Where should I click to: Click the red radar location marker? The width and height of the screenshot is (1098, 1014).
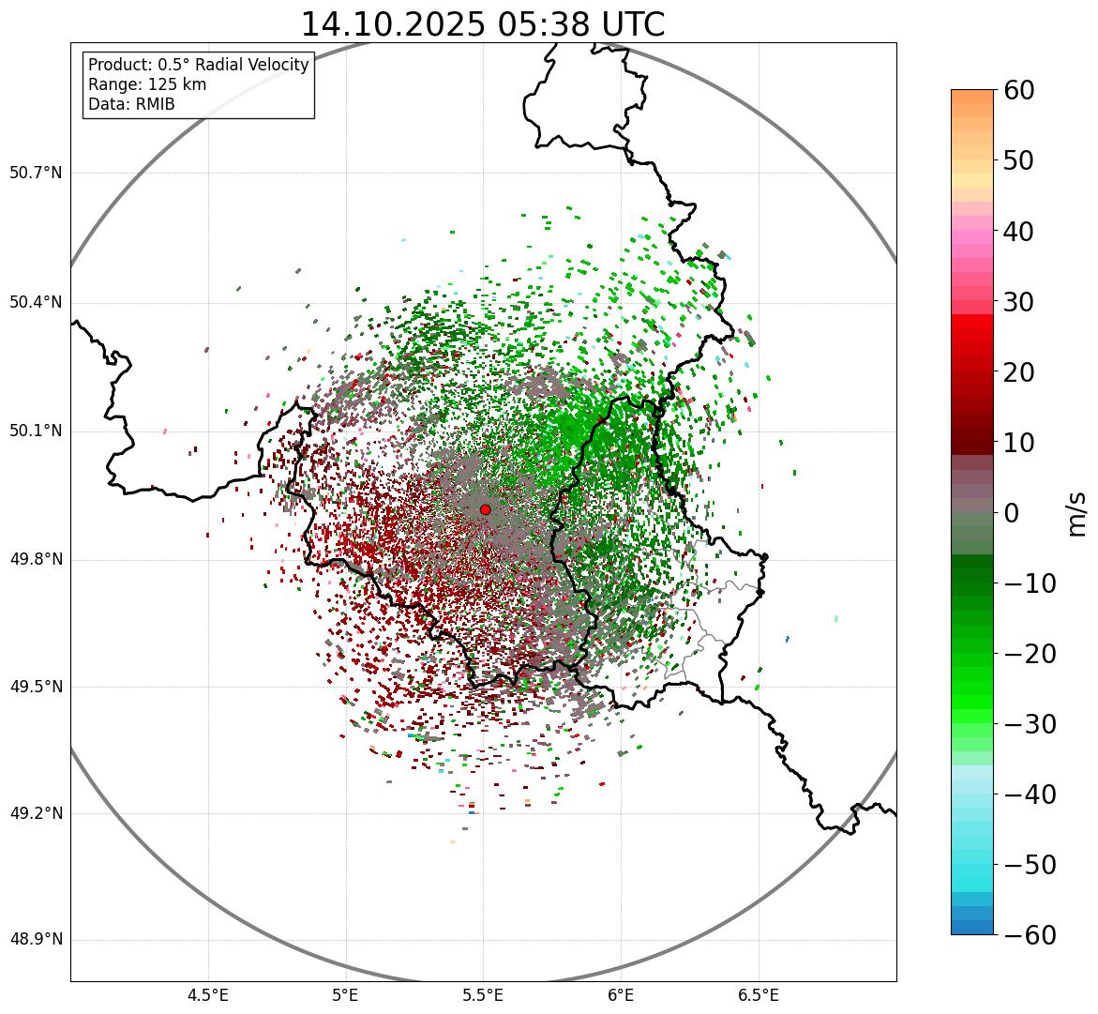click(485, 509)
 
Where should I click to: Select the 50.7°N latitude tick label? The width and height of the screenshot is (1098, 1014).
click(36, 173)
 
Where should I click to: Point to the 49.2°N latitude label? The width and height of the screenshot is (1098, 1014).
click(36, 813)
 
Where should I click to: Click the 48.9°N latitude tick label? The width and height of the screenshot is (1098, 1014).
click(36, 940)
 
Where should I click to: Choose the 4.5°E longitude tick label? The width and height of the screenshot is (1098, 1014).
click(208, 995)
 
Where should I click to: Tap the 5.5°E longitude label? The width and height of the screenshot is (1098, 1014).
click(483, 995)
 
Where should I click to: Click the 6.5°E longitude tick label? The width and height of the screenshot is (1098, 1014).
click(758, 995)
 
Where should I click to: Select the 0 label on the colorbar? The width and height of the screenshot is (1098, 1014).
click(1012, 513)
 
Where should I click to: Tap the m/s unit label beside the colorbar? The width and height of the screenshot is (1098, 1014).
click(1077, 512)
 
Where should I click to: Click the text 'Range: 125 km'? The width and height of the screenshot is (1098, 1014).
click(147, 84)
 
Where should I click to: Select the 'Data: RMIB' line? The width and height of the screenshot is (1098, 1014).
click(131, 104)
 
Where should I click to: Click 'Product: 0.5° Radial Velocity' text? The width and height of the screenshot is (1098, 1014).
click(198, 65)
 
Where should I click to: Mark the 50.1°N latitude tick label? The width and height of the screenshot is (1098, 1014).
click(36, 431)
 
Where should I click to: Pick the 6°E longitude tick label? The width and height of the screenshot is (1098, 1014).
click(621, 995)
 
